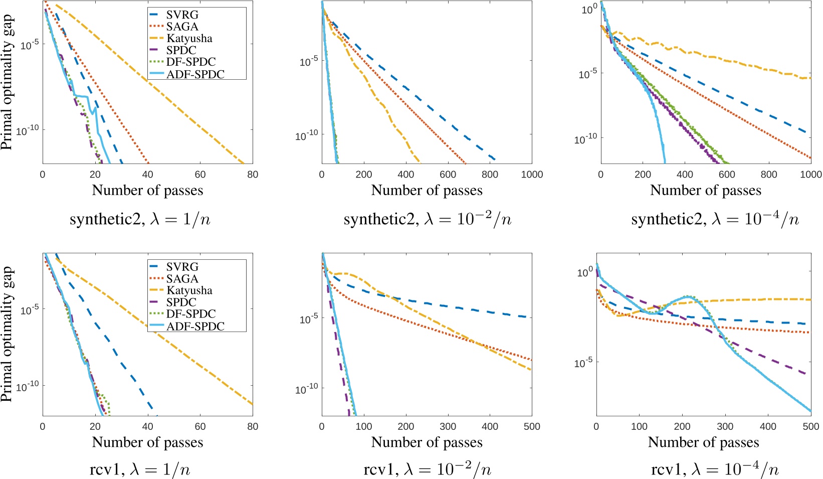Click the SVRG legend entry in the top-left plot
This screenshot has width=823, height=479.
pyautogui.click(x=182, y=15)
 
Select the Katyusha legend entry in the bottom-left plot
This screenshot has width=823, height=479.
pyautogui.click(x=189, y=290)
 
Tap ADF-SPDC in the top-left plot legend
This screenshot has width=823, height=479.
pyautogui.click(x=195, y=74)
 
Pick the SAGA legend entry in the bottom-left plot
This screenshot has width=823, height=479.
pyautogui.click(x=182, y=279)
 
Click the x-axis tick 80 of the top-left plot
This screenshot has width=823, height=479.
pyautogui.click(x=253, y=175)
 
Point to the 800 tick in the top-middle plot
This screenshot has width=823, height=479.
pyautogui.click(x=490, y=175)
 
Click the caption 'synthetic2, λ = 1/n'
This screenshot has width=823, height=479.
pyautogui.click(x=140, y=220)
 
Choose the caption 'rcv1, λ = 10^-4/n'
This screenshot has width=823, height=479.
pyautogui.click(x=715, y=470)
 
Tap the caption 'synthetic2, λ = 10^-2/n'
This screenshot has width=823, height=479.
pyautogui.click(x=428, y=220)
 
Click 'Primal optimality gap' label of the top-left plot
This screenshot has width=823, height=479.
pyautogui.click(x=7, y=83)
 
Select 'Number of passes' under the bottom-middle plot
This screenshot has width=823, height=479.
pyautogui.click(x=427, y=442)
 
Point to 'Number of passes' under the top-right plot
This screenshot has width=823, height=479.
pyautogui.click(x=706, y=191)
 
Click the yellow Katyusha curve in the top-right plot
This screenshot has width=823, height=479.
pyautogui.click(x=727, y=60)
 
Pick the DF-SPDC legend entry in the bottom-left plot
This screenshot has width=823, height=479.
pyautogui.click(x=191, y=314)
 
